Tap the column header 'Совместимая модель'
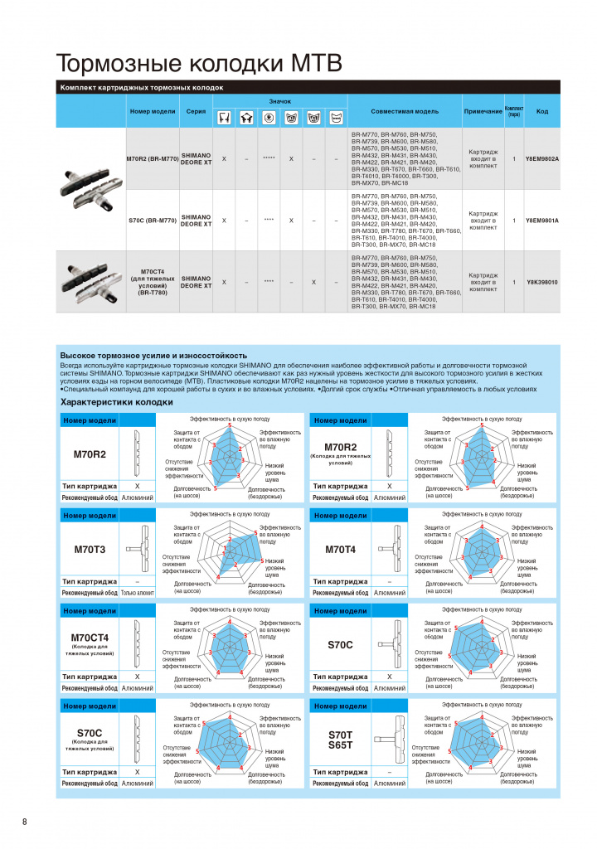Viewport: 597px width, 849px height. [405, 111]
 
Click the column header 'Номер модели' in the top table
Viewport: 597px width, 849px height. [153, 111]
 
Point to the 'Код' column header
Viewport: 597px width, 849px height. [542, 111]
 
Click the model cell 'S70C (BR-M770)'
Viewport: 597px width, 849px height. [153, 221]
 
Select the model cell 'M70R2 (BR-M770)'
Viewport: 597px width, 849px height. [153, 158]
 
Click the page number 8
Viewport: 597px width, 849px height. [25, 822]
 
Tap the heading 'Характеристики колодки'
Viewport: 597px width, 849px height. [117, 402]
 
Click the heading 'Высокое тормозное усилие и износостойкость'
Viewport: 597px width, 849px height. [153, 356]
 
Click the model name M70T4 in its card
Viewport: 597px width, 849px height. [341, 549]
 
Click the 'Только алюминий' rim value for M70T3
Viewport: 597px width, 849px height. [138, 593]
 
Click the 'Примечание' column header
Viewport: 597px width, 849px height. [483, 111]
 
